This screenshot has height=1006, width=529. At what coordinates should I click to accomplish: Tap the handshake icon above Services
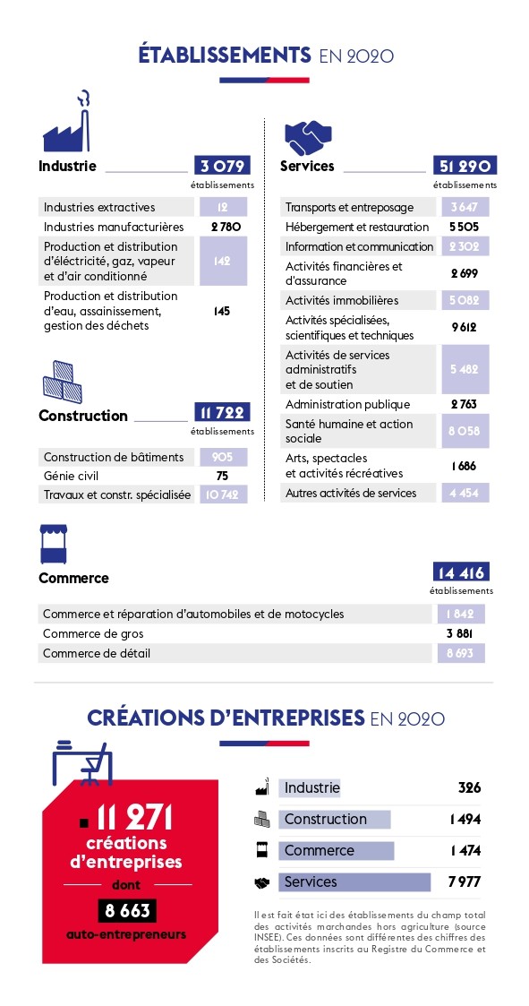pyautogui.click(x=308, y=135)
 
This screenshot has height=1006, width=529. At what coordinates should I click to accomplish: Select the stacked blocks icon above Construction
pyautogui.click(x=62, y=381)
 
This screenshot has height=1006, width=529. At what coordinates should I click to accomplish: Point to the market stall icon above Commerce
pyautogui.click(x=53, y=544)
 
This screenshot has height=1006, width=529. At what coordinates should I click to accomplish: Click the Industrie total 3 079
pyautogui.click(x=222, y=167)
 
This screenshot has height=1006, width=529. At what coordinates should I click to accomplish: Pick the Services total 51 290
pyautogui.click(x=465, y=167)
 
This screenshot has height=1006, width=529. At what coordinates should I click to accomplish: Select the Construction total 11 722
pyautogui.click(x=222, y=412)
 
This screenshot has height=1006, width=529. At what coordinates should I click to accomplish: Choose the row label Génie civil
pyautogui.click(x=72, y=477)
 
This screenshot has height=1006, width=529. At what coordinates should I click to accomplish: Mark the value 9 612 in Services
pyautogui.click(x=464, y=328)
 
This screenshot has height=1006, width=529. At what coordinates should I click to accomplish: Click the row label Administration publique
pyautogui.click(x=347, y=405)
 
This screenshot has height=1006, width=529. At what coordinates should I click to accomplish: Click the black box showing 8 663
pyautogui.click(x=128, y=910)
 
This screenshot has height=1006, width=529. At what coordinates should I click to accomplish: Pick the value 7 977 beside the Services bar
pyautogui.click(x=465, y=882)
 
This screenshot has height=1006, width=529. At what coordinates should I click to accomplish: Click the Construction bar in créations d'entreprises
pyautogui.click(x=334, y=820)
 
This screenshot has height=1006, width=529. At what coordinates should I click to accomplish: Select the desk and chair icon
pyautogui.click(x=81, y=763)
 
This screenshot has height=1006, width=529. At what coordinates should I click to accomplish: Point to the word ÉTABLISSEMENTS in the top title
pyautogui.click(x=225, y=56)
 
